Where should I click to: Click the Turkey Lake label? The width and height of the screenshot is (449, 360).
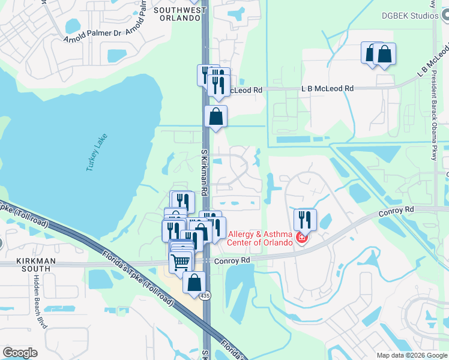point(97,152)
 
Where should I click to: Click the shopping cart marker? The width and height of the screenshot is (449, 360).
point(181,262)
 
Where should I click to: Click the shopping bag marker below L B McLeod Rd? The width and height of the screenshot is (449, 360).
point(215,116)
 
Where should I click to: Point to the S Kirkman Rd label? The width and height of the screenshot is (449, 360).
point(204,173)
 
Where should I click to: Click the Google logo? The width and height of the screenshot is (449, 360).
point(20,353)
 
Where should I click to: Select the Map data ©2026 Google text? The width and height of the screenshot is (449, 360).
point(412,355)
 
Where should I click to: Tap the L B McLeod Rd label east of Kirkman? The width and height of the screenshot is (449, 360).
point(327,88)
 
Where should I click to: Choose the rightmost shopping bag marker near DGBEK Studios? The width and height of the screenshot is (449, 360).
point(384,54)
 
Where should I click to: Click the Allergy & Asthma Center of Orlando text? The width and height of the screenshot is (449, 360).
point(260,238)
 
